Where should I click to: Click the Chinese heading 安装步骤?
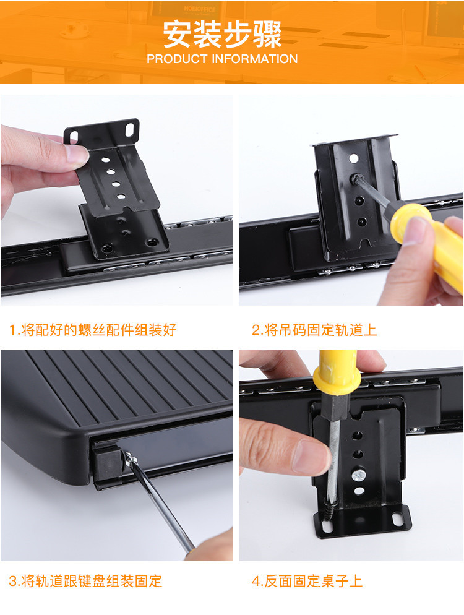pos(222,34)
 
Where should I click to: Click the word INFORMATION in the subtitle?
pos(255,59)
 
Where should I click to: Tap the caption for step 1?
pos(93,330)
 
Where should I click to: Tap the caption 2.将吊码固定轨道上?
pos(314,330)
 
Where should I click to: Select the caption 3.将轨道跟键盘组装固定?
pos(85,581)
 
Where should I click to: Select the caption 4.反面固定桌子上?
pos(307,581)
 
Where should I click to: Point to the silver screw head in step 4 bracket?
pos(358,475)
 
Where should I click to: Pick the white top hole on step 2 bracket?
pos(353,159)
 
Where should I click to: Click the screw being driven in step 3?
pos(130,458)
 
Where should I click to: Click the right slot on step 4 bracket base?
pos(398,520)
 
